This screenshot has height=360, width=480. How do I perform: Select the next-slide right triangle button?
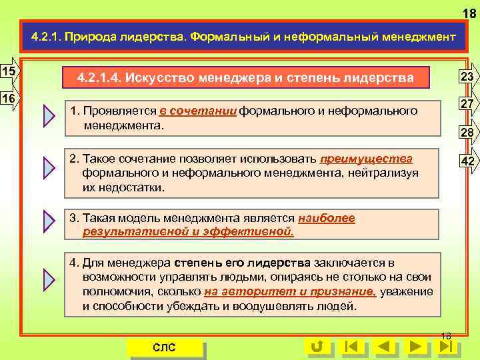(x=416, y=346)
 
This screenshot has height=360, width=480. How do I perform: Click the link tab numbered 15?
(x=10, y=71)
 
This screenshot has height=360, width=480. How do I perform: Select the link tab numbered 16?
(x=10, y=98)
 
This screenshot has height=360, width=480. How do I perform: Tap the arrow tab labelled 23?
(x=466, y=77)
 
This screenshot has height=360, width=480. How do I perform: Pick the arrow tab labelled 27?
(x=466, y=105)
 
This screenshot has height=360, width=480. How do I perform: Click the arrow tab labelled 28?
(x=466, y=133)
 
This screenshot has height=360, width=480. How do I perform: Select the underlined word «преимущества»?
(x=366, y=159)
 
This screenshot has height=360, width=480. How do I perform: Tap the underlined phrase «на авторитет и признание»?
(x=290, y=291)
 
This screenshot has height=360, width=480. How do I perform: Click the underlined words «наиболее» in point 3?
(x=327, y=218)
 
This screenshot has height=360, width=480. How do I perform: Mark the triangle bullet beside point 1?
(x=49, y=116)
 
